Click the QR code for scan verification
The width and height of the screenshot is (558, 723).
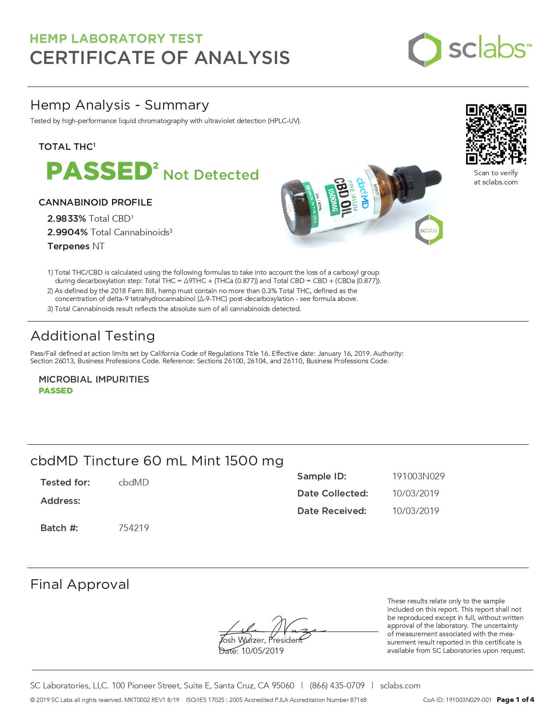tap(495, 134)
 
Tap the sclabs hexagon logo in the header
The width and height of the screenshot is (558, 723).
tap(425, 50)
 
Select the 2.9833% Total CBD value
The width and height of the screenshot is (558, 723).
tap(67, 219)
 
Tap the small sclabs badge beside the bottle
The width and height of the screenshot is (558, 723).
tap(429, 230)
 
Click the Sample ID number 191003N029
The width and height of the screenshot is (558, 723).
tap(418, 476)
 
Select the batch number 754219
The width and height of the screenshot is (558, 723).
tap(133, 528)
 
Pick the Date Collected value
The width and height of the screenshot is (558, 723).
tap(415, 493)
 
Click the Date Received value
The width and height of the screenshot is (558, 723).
tap(415, 511)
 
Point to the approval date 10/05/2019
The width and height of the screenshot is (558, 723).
tap(262, 651)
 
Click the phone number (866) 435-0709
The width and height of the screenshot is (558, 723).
tap(337, 686)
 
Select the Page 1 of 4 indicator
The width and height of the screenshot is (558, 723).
tap(515, 700)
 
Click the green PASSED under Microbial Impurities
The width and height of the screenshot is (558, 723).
tap(56, 391)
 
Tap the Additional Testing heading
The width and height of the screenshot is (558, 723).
tap(93, 336)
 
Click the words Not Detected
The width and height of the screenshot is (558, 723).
tap(211, 175)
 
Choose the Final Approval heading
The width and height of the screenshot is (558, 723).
tap(80, 585)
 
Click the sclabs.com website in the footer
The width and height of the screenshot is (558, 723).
tap(400, 686)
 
